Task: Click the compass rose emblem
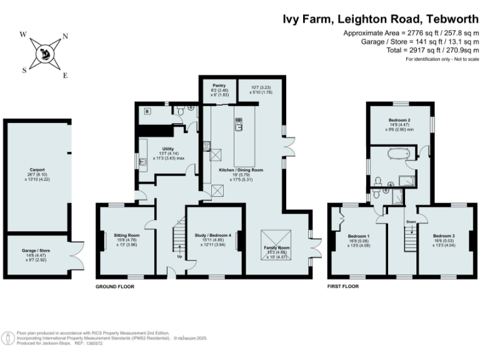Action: (x=45, y=52)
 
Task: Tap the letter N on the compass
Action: (x=66, y=37)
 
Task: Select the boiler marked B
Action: (x=147, y=112)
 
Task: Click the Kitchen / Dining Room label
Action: (x=240, y=170)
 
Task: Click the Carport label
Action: (x=37, y=169)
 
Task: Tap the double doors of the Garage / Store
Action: (x=75, y=255)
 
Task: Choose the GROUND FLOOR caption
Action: (x=114, y=287)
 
